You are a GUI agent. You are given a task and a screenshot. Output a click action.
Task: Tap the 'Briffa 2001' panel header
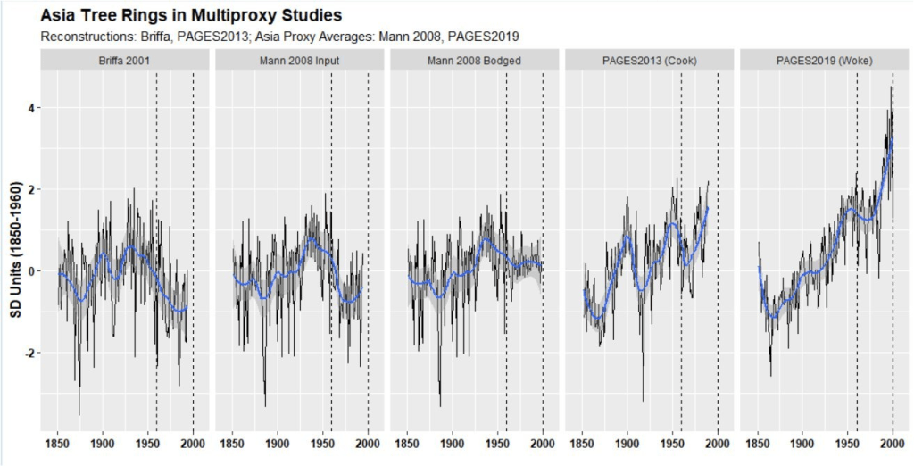coord(125,61)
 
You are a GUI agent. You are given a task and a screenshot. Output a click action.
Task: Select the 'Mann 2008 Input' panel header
coord(300,61)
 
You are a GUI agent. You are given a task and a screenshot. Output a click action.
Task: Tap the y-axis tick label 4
coord(30,108)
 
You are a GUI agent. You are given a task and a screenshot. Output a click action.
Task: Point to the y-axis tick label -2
coord(29,354)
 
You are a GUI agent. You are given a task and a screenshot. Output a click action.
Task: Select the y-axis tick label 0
coord(30,271)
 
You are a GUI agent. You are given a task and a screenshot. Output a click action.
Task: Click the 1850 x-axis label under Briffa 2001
coord(58,443)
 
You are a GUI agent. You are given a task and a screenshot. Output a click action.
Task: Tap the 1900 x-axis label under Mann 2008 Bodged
coord(453,443)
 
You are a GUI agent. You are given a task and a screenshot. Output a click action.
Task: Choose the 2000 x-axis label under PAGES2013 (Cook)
coord(718,443)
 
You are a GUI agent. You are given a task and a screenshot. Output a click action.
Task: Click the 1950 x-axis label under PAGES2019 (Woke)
coord(847,443)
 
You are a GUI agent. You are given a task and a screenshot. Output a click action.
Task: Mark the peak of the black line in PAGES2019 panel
coord(892,87)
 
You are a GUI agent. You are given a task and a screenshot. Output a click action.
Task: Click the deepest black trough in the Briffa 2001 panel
coord(79,414)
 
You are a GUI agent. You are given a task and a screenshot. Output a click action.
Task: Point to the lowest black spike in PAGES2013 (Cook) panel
coord(643,401)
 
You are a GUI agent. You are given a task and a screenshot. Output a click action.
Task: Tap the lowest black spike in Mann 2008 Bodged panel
coord(440,406)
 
